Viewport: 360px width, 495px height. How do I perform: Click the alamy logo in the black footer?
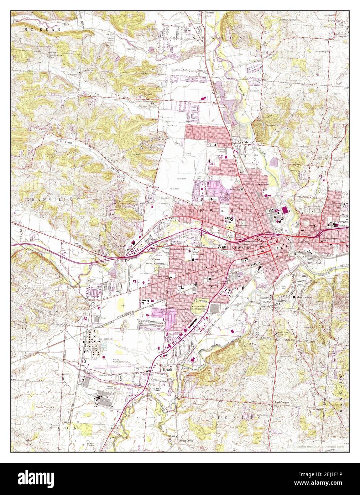pos(36,479)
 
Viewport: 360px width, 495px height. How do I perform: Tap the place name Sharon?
pos(66,142)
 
